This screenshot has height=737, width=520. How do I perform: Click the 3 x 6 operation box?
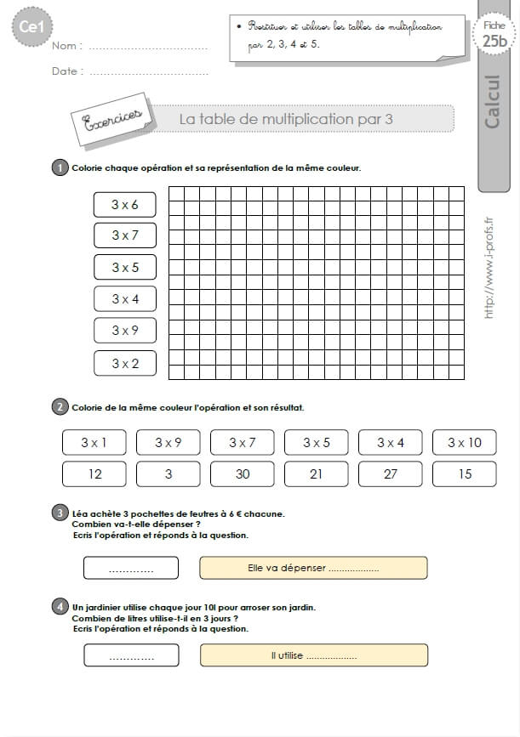tap(125, 204)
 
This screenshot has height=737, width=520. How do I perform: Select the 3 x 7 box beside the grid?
tap(125, 235)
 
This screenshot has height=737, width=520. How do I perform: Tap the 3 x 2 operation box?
tap(125, 363)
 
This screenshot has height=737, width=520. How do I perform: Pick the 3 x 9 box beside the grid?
tap(125, 331)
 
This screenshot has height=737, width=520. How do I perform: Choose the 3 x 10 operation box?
tap(464, 442)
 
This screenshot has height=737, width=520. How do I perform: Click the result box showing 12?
tap(94, 473)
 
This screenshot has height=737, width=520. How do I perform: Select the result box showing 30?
tap(243, 473)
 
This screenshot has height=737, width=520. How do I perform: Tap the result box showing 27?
tap(390, 473)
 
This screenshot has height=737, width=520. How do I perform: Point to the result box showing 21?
tap(316, 473)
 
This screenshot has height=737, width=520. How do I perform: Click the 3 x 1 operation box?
tap(94, 442)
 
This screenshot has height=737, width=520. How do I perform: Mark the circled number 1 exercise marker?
tap(60, 167)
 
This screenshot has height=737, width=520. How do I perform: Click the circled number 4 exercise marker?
tap(60, 607)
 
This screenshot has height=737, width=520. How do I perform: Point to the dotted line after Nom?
tap(148, 47)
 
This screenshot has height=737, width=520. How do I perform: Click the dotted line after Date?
tap(148, 72)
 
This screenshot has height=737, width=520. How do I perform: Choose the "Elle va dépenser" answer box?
tap(313, 568)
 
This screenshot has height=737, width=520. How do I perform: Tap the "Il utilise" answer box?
tap(313, 655)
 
